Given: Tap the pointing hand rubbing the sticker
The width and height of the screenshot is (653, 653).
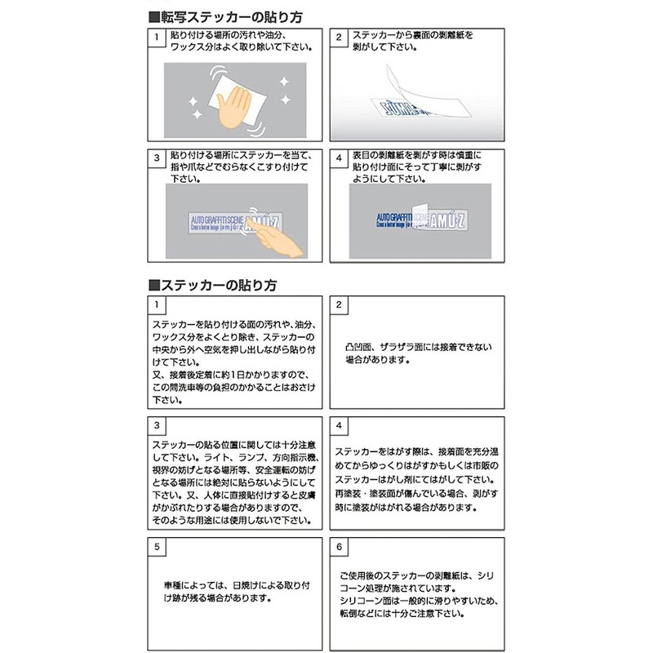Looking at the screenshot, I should click(x=273, y=238).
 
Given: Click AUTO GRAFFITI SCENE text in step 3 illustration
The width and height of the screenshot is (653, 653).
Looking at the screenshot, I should click(x=215, y=220).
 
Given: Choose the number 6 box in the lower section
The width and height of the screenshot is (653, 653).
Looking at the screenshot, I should click(x=340, y=544).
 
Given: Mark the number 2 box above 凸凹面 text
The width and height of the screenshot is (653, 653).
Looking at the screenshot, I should click(x=340, y=304).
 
